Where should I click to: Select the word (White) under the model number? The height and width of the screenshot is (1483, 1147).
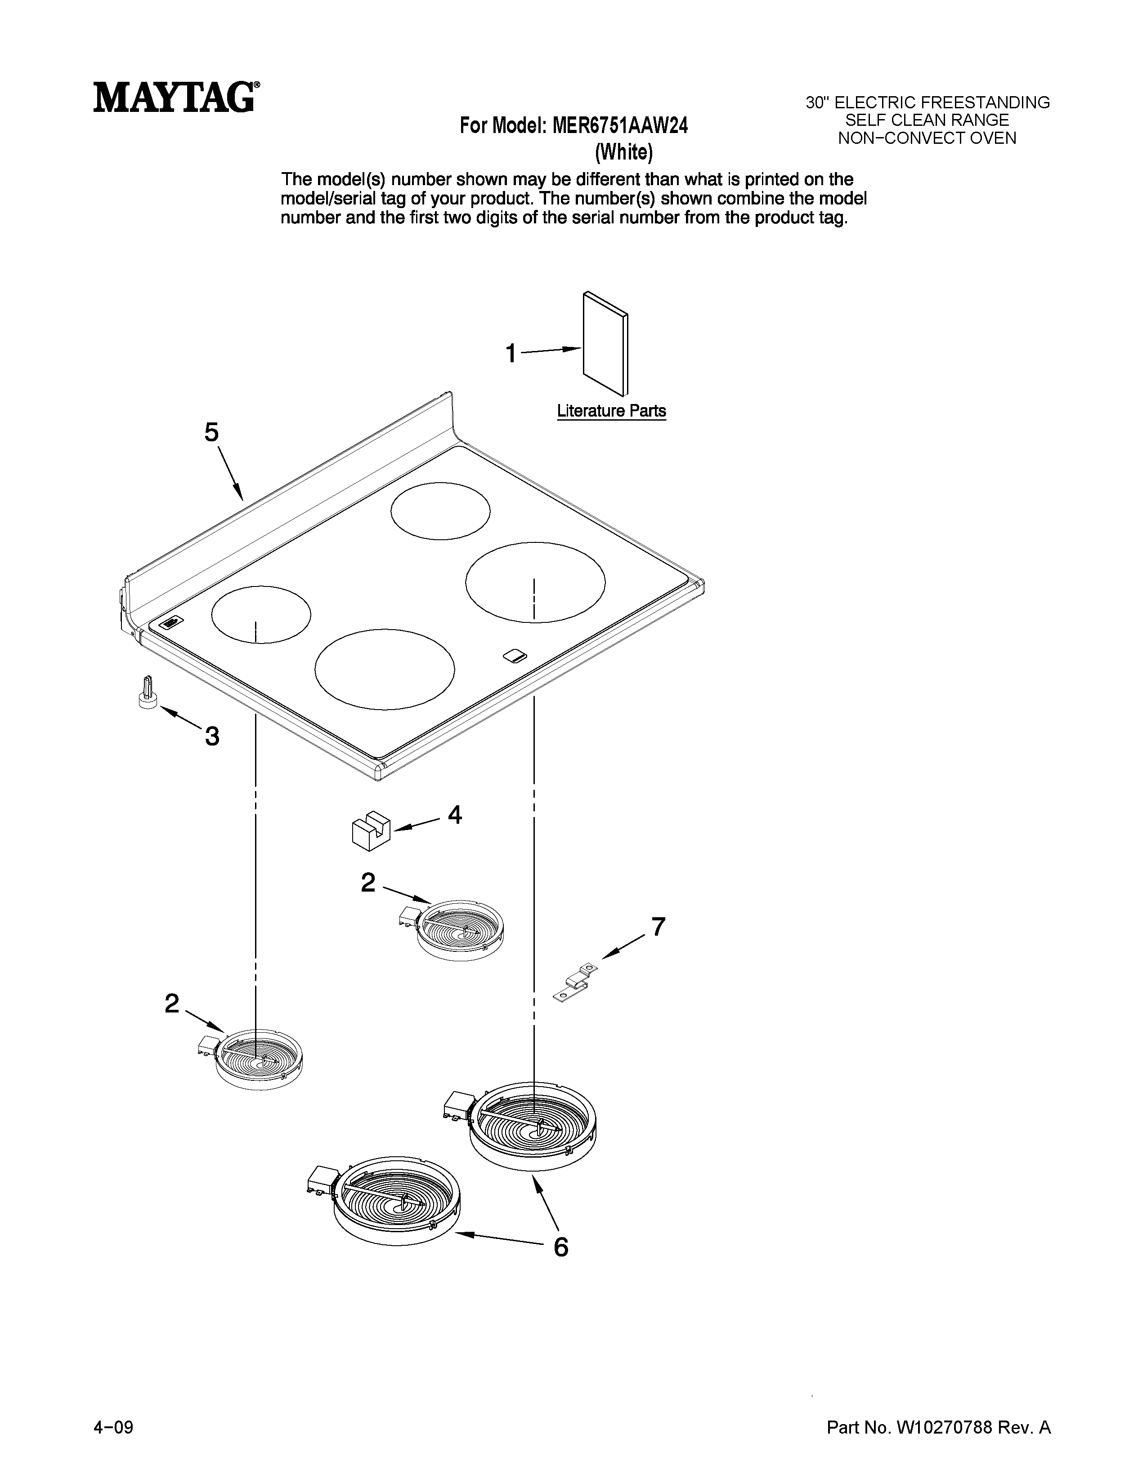click(x=624, y=153)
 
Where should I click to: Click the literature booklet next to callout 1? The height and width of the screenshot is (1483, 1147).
click(x=605, y=344)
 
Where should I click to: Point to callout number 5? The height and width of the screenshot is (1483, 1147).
click(x=211, y=432)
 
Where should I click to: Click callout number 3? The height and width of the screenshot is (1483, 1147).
click(x=212, y=736)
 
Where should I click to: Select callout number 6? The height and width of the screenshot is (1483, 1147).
click(x=560, y=1247)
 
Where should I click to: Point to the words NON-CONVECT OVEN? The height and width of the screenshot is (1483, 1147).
click(x=927, y=138)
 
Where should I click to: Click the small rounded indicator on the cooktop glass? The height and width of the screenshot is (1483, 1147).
click(x=515, y=655)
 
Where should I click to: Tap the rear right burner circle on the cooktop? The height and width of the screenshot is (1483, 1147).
click(x=440, y=511)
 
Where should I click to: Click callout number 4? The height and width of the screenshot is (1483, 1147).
click(x=455, y=815)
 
